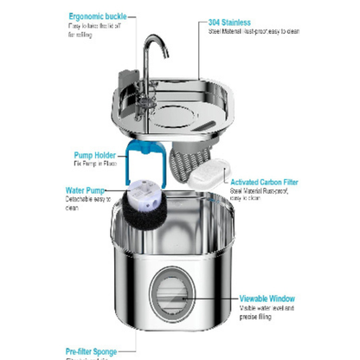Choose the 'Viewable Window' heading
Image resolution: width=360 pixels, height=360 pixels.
click(267, 298)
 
